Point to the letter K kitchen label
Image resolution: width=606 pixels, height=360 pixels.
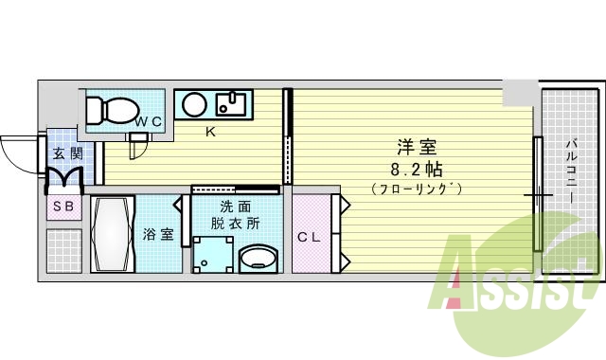pyautogui.click(x=211, y=132)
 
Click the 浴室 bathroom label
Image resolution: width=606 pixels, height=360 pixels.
pyautogui.click(x=158, y=234)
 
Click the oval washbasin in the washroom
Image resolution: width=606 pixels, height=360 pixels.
pyautogui.click(x=258, y=259)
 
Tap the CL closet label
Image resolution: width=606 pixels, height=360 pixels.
pyautogui.click(x=309, y=237)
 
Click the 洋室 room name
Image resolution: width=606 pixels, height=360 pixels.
pyautogui.click(x=417, y=148)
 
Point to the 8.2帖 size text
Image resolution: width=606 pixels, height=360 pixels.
pyautogui.click(x=417, y=170)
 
